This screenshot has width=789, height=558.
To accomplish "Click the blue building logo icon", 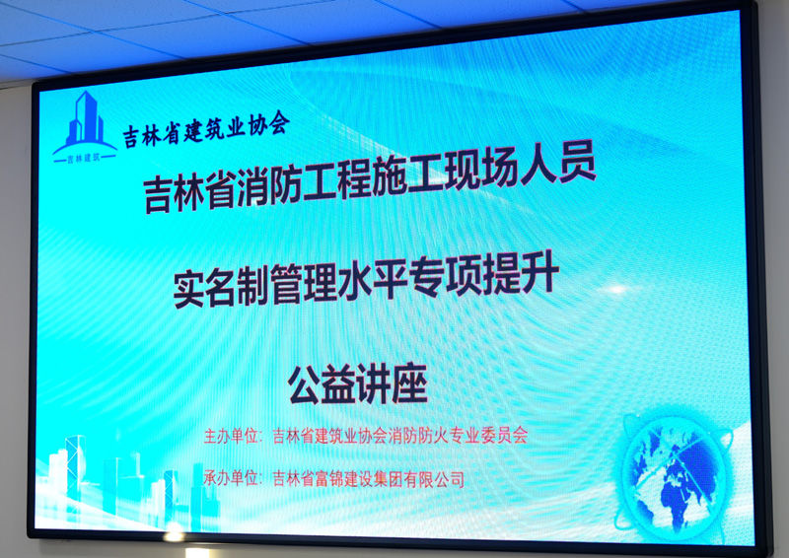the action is coord(85,127).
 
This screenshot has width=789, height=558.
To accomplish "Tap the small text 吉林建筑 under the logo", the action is coord(85,158).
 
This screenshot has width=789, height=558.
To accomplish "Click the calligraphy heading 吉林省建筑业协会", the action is coord(206,129).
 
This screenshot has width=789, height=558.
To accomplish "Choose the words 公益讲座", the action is coord(358,384).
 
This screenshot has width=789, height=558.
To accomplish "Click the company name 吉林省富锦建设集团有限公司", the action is coord(368,478).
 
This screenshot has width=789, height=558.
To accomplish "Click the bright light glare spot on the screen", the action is coord(617,290).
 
